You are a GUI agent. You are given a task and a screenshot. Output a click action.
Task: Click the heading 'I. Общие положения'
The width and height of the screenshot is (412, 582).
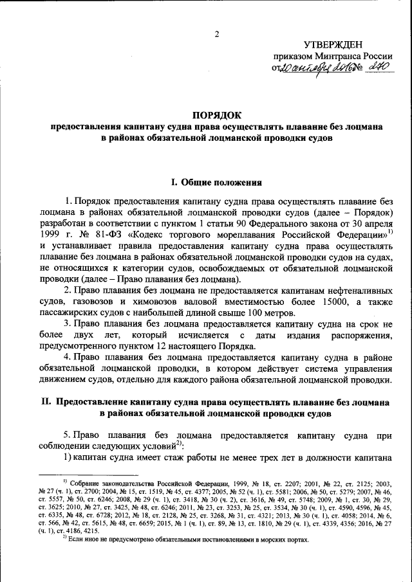click(216, 182)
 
